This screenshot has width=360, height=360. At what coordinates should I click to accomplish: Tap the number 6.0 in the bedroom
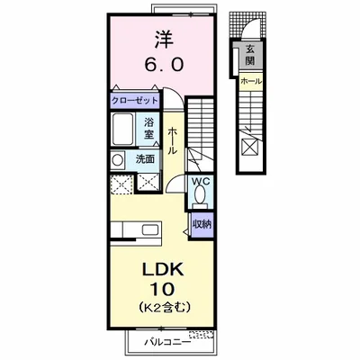[x=164, y=64]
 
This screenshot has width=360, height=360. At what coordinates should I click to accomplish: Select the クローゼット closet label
[x=134, y=100]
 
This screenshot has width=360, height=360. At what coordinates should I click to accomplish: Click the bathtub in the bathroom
[x=122, y=130]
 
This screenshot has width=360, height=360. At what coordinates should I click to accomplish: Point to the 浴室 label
[x=148, y=128]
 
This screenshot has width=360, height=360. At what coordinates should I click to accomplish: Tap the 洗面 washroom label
[x=145, y=159]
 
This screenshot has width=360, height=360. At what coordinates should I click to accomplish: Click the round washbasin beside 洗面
[x=118, y=160]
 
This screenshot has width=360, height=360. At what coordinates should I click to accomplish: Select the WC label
[x=199, y=181]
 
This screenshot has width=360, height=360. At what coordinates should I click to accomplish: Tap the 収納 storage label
[x=202, y=224]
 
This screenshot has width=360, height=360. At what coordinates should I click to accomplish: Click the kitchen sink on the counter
[x=149, y=229]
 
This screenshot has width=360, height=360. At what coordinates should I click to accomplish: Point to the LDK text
[x=162, y=270]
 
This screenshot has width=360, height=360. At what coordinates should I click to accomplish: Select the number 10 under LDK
[x=162, y=289]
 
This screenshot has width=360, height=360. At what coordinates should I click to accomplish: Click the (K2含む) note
[x=165, y=307]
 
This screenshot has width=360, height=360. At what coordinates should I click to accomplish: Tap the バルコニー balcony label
[x=167, y=342]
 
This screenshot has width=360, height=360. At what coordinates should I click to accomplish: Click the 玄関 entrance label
[x=249, y=55]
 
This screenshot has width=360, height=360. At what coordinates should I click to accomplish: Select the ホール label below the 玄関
[x=251, y=81]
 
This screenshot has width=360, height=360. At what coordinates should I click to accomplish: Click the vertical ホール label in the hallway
[x=171, y=140]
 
